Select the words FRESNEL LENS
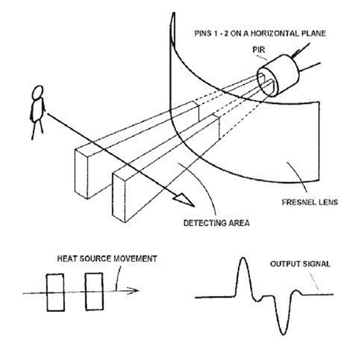click(x=310, y=202)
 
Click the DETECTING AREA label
click(x=217, y=223)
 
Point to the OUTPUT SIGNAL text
click(x=300, y=264)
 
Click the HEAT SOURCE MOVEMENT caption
click(x=107, y=258)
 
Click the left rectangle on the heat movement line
click(x=55, y=292)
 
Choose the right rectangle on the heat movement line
click(x=94, y=291)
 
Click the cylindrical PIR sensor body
click(x=282, y=74)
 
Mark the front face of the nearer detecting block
click(x=120, y=196)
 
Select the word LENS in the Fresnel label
click(x=328, y=202)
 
